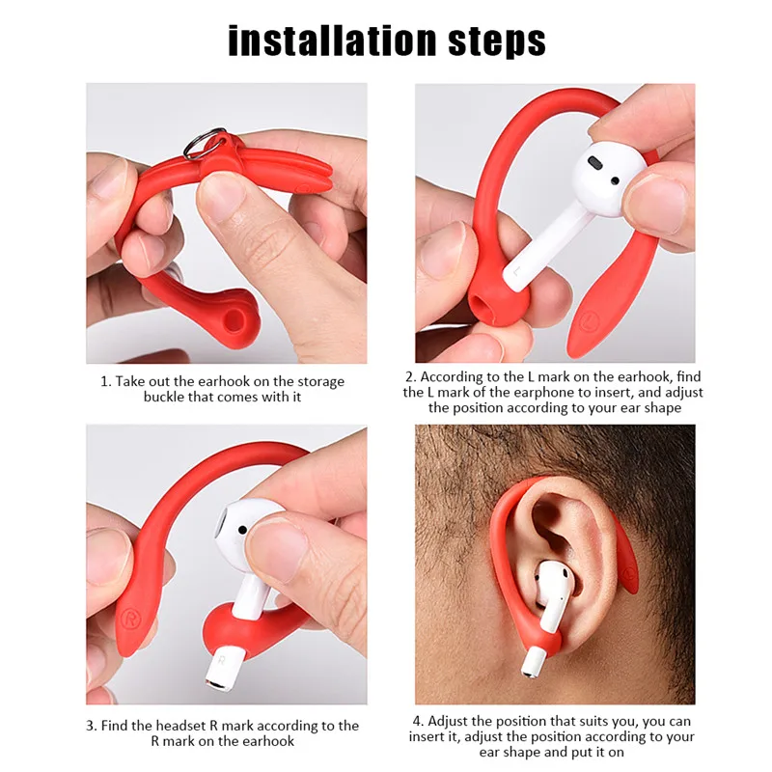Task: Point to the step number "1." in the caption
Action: point(106,382)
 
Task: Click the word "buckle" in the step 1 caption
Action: point(166,398)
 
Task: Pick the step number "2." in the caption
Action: point(410,377)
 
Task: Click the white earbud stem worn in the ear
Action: point(537,642)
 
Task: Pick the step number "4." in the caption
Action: point(419,722)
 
